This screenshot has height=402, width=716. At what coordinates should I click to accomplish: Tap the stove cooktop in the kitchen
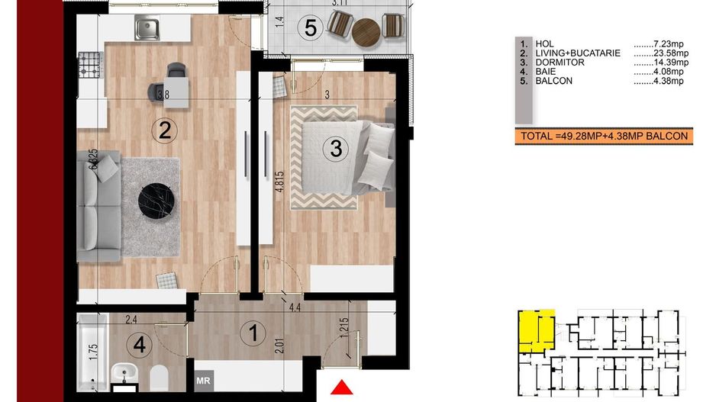91,66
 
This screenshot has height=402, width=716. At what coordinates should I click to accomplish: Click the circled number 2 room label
163,130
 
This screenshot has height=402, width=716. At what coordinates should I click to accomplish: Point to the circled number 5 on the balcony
309,28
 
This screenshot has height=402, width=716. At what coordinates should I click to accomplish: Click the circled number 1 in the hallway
249,333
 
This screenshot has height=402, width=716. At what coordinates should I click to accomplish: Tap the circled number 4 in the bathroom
139,345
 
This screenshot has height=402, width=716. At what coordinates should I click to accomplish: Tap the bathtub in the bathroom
91,352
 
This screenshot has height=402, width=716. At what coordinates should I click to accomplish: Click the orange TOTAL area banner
602,137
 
